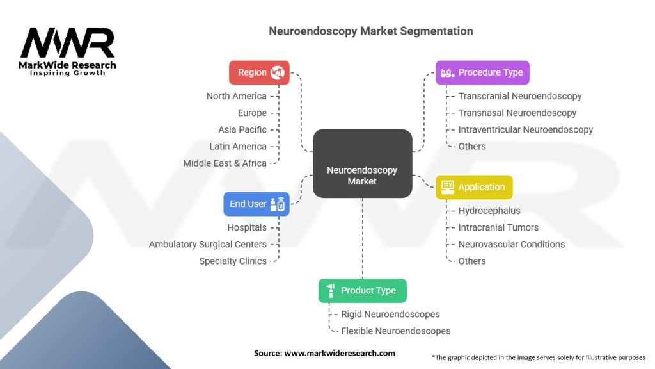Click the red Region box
point(259,72)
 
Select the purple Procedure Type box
point(482,72)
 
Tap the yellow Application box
point(474,187)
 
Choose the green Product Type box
point(362,290)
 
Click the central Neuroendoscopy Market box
point(362,163)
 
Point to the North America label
point(236,96)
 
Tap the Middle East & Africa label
point(225,163)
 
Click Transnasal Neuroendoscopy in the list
point(517,113)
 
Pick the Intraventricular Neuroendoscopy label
point(525,129)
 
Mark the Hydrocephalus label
point(489,211)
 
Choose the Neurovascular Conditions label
point(511,244)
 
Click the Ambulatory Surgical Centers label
point(207,244)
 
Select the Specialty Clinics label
point(232,261)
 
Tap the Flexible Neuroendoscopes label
point(395,331)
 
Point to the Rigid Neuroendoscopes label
point(390,315)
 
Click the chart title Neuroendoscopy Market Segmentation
point(371,31)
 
